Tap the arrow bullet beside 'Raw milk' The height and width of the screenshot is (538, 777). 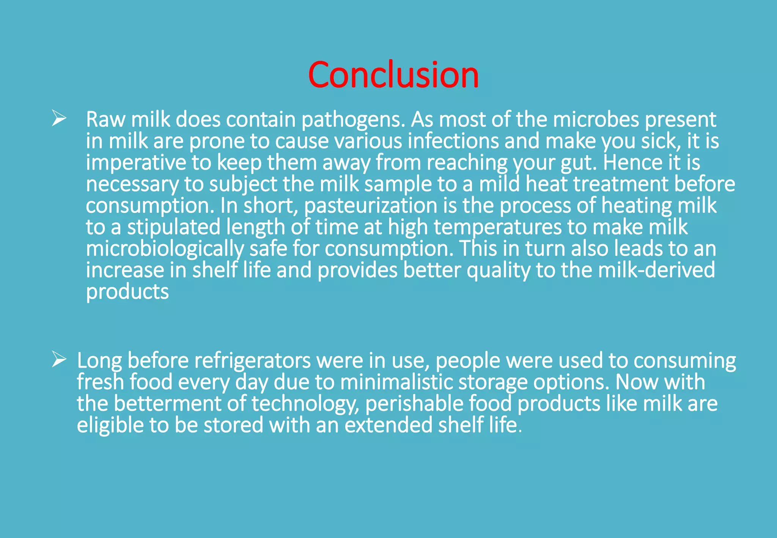tap(59, 118)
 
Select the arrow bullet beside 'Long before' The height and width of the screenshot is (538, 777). tap(59, 359)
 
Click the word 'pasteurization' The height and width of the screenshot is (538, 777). tap(371, 206)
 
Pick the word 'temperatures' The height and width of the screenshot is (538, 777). tap(497, 227)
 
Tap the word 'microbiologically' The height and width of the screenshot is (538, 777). tap(165, 249)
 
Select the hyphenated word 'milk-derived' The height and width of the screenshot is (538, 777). tap(656, 270)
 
